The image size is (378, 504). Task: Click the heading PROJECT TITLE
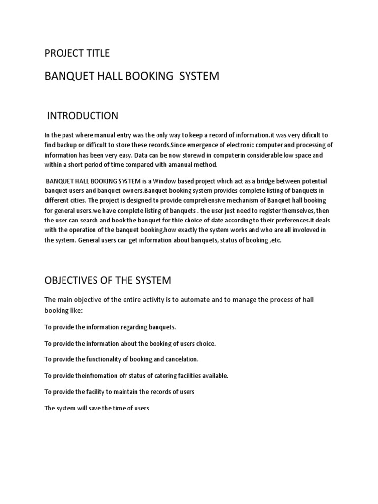[x=77, y=53]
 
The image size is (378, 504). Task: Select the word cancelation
[x=181, y=359]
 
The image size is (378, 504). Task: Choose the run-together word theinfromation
[x=100, y=376]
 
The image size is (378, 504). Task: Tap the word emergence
[x=194, y=145]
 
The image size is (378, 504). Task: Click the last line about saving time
[x=96, y=408]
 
